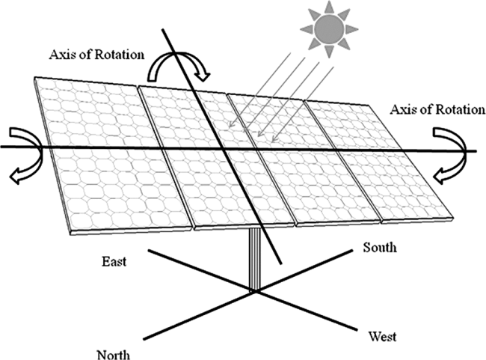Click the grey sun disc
(329, 29)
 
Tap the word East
(114, 262)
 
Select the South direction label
(380, 247)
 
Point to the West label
(382, 336)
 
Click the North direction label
(114, 355)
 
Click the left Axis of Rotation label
(96, 55)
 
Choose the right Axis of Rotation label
(437, 109)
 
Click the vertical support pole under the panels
(255, 259)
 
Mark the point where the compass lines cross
(255, 291)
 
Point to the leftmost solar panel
(111, 155)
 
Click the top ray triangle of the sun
(329, 7)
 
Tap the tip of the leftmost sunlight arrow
(229, 127)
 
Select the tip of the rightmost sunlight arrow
(272, 142)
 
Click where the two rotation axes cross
(224, 149)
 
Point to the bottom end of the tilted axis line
(281, 264)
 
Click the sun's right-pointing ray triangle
(351, 29)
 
